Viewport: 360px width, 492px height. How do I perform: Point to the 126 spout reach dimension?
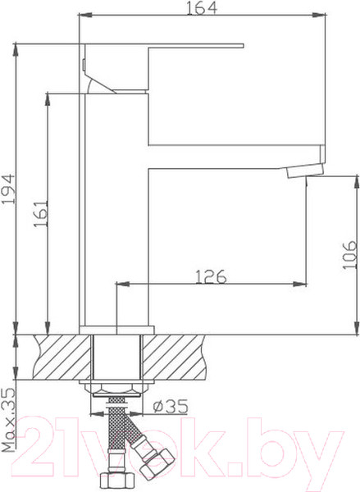click(210, 276)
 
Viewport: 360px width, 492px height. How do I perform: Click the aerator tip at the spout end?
click(306, 171)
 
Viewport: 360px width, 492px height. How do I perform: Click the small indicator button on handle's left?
click(84, 65)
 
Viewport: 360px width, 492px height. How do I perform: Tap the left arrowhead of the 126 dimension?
click(121, 285)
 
